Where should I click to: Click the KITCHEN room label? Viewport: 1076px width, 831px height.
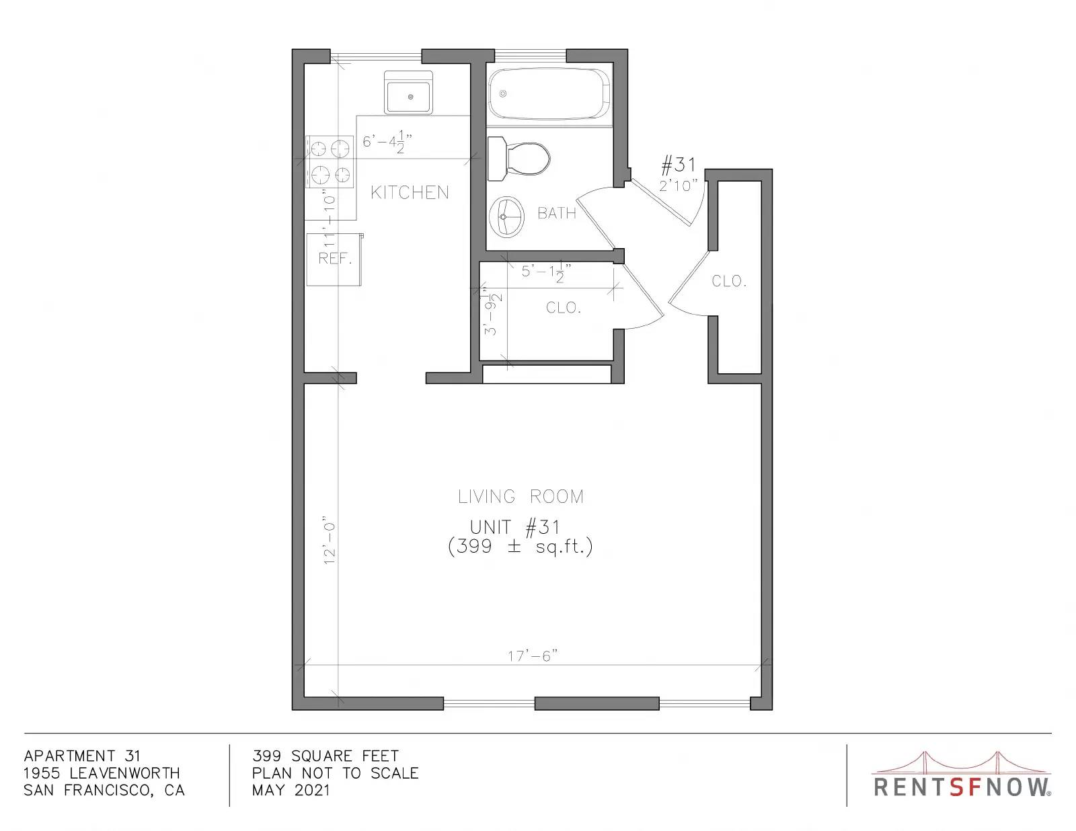410,192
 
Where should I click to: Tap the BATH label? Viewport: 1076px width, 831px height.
557,213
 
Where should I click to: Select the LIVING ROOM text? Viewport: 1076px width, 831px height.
521,496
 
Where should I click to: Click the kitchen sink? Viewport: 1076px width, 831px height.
408,93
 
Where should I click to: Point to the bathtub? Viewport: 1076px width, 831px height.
549,93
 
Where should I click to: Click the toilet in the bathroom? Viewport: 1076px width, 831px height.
518,159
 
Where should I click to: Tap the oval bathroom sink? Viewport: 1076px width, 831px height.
506,216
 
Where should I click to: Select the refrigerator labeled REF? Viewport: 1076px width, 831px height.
334,260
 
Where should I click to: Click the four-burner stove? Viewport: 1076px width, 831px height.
330,161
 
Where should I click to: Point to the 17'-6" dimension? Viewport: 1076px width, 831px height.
533,656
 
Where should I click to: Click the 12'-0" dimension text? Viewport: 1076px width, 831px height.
330,541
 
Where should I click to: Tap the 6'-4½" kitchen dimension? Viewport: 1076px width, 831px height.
387,142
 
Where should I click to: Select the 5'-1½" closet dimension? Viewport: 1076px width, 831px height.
546,272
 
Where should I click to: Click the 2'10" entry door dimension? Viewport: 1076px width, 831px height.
678,186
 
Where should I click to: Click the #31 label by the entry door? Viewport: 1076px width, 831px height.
679,165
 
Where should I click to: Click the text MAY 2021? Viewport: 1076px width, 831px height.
291,790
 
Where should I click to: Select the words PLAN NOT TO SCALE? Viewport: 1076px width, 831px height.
335,773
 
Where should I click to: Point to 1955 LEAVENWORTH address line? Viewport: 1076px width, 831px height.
102,773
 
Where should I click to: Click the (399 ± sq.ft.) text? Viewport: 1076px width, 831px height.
520,547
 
